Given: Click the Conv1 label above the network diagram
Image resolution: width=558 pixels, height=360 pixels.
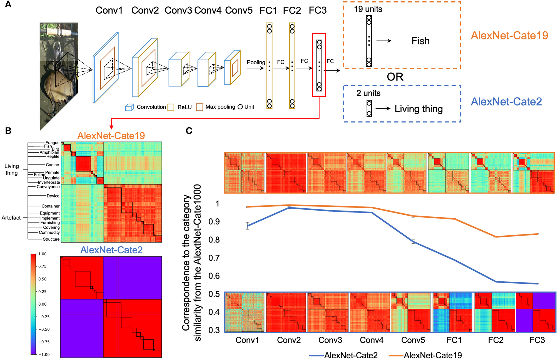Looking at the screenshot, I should coord(109,11).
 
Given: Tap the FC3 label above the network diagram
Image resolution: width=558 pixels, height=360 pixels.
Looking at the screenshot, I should coord(318,11).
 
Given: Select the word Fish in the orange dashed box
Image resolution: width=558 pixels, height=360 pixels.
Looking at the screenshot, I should coord(420,41).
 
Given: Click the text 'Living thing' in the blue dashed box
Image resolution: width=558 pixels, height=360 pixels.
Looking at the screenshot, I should coord(418,109).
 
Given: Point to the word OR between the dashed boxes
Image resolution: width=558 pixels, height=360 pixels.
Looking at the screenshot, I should coord(395,77).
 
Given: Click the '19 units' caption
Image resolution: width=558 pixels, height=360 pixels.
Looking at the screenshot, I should coord(368,9).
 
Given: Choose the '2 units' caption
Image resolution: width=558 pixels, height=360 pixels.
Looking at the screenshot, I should coord(368,93).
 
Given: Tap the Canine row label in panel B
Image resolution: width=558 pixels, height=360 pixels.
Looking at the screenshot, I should coord(52,165).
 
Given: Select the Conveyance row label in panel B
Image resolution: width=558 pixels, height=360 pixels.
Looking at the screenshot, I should coord(48,187).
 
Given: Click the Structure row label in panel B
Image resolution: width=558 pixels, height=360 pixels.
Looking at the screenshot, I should coord(51,239).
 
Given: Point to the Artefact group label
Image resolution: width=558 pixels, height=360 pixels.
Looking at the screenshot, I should coord(11,218).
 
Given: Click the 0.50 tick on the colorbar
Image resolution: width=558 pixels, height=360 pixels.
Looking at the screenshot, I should coord(43,279).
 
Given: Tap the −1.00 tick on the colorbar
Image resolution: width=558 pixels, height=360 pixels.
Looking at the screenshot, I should coord(44,354).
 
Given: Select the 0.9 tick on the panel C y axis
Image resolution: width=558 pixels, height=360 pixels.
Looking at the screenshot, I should coord(214,222).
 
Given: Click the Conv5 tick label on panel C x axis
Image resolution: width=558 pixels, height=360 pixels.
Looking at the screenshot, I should coord(413,340).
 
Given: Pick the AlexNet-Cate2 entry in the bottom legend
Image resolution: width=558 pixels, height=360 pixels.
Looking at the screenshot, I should coord(351,355).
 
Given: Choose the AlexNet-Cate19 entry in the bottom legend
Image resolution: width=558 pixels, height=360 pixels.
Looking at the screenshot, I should coord(433,355).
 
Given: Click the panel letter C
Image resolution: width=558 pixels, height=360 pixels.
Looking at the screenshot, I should coord(189,131).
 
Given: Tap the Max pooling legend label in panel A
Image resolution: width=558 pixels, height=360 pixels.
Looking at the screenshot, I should coord(220,107).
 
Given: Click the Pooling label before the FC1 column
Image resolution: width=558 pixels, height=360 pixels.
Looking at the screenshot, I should coord(256,62).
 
